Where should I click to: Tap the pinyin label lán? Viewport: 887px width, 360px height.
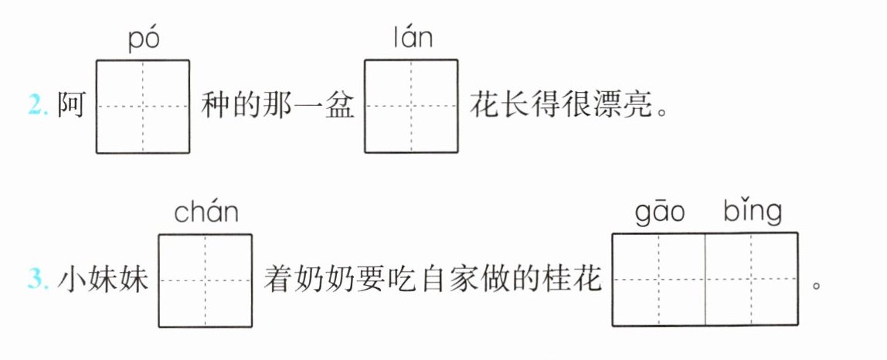(x=411, y=39)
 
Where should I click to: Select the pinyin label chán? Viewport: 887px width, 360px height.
(x=206, y=213)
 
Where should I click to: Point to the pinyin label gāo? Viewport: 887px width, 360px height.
(x=659, y=212)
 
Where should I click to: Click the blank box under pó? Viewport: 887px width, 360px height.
(x=143, y=106)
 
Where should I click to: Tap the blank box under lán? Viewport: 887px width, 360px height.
(x=411, y=106)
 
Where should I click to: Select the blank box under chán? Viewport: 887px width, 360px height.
(x=206, y=280)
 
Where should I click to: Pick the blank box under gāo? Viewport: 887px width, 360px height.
(x=658, y=280)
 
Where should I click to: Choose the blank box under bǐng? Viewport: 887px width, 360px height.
(x=752, y=280)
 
